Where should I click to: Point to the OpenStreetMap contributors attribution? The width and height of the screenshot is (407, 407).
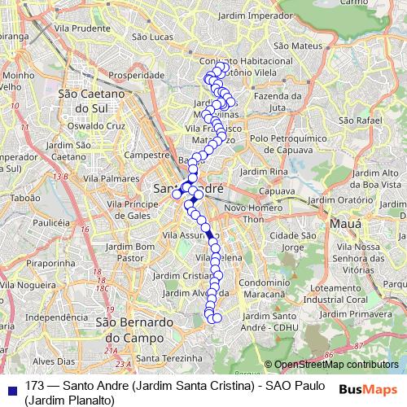pyautogui.click(x=330, y=365)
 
